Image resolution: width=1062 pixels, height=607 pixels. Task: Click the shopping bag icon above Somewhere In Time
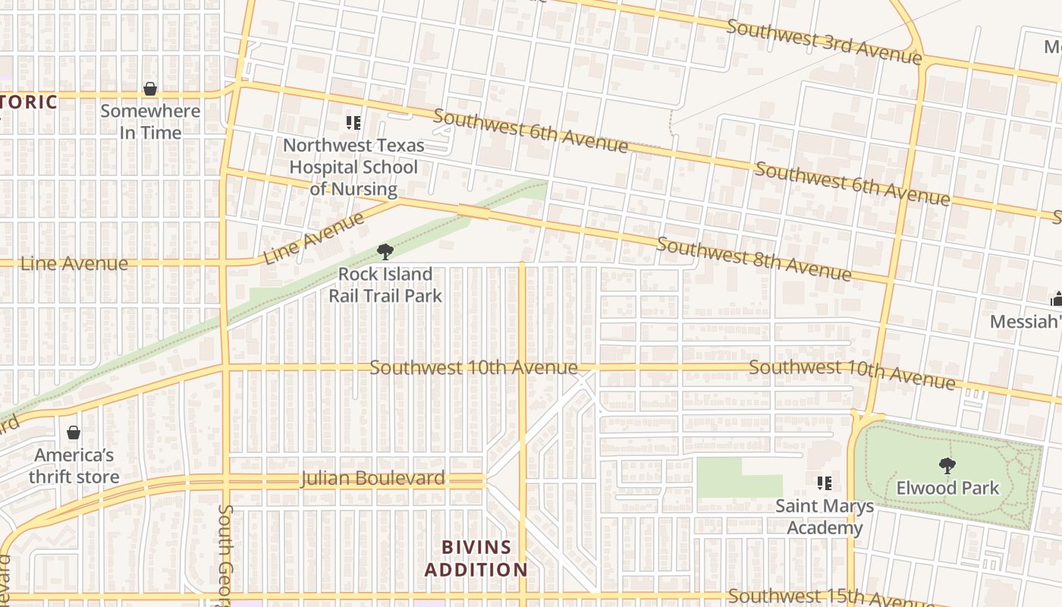(150, 89)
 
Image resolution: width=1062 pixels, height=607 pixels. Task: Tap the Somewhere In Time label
(150, 121)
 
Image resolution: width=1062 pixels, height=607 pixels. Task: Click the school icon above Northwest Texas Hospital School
(353, 122)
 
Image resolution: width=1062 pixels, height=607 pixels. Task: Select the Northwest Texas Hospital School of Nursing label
(353, 167)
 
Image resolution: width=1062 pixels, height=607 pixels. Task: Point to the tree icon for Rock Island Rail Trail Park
(385, 252)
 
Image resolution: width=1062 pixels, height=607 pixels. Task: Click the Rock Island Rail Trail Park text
(385, 285)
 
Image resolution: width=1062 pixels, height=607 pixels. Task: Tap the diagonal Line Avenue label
(313, 238)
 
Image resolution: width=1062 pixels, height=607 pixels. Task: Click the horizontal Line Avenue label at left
(74, 263)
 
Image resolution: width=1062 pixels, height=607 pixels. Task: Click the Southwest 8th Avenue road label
(753, 259)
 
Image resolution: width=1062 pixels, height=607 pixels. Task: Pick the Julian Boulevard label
(372, 479)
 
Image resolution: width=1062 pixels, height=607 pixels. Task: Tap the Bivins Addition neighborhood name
(476, 558)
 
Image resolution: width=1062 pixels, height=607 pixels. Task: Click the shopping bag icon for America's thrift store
(74, 433)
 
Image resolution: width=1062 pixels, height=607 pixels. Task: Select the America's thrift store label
(74, 466)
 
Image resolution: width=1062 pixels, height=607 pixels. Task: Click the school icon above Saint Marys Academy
(825, 483)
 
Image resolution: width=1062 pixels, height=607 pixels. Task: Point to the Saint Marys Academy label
(825, 517)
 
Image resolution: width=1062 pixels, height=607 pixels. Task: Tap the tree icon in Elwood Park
(947, 465)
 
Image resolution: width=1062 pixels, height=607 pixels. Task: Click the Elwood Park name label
(948, 487)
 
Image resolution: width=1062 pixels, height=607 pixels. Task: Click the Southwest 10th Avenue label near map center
(473, 367)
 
